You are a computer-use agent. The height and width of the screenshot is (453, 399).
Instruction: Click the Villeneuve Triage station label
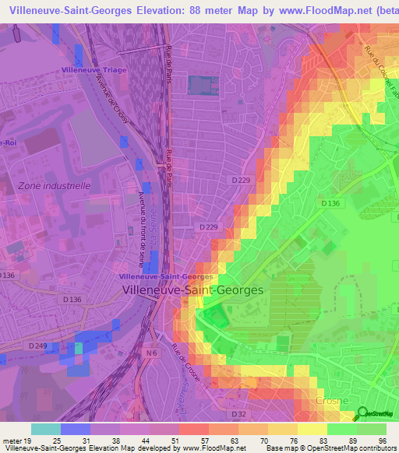tap(94, 70)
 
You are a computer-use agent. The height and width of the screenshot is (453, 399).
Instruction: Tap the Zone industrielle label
tap(54, 186)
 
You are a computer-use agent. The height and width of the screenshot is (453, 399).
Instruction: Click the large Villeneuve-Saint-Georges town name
tap(193, 289)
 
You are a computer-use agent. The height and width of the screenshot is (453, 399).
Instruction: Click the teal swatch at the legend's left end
tap(45, 429)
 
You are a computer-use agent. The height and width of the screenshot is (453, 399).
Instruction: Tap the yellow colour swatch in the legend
tap(313, 429)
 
